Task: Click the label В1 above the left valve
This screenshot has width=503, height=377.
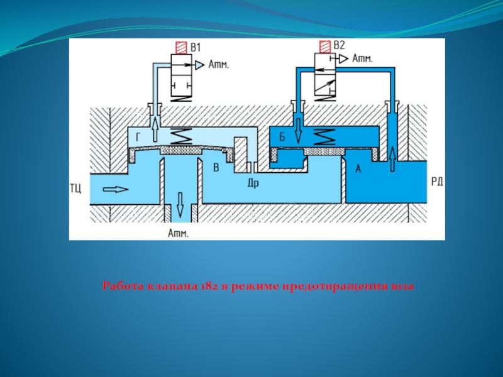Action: click(196, 47)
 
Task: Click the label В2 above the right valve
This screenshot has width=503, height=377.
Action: click(339, 45)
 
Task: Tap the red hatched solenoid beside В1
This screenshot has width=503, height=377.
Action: click(180, 48)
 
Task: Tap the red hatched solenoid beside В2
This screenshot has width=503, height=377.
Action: click(324, 46)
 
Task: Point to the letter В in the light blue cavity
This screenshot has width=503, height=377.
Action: click(216, 168)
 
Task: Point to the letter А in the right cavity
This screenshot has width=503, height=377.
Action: click(359, 168)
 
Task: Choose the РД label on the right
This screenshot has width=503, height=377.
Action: click(437, 182)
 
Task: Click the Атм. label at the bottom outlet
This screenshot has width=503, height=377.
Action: click(179, 234)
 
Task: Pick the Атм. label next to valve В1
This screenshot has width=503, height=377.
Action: click(219, 64)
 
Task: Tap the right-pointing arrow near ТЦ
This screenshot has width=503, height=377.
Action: click(117, 188)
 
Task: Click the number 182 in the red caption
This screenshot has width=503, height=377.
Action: click(210, 287)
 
